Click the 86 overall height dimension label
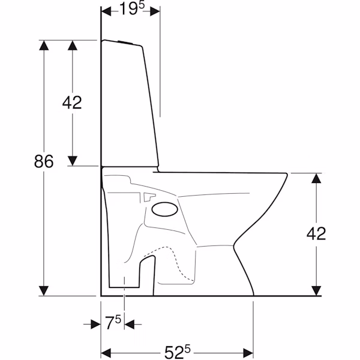(44, 161)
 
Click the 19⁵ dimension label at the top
(132, 9)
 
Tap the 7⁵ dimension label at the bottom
(113, 323)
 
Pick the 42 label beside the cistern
(72, 103)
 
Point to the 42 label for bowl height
(316, 234)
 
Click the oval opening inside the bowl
(165, 209)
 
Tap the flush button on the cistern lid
(125, 42)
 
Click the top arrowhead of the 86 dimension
(44, 45)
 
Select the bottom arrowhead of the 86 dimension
(44, 291)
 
